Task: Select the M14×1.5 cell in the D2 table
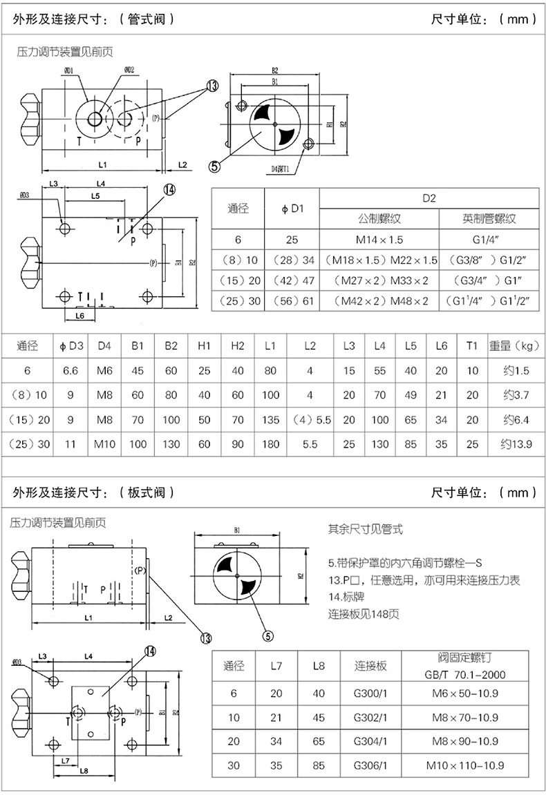tap(379, 240)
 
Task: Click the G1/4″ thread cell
tap(489, 240)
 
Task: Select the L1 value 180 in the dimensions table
tap(270, 444)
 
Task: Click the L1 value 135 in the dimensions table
tap(270, 420)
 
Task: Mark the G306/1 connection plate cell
tap(370, 765)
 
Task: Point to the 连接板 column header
tap(370, 666)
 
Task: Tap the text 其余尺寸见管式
tap(365, 530)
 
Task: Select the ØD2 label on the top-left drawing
tap(129, 70)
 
